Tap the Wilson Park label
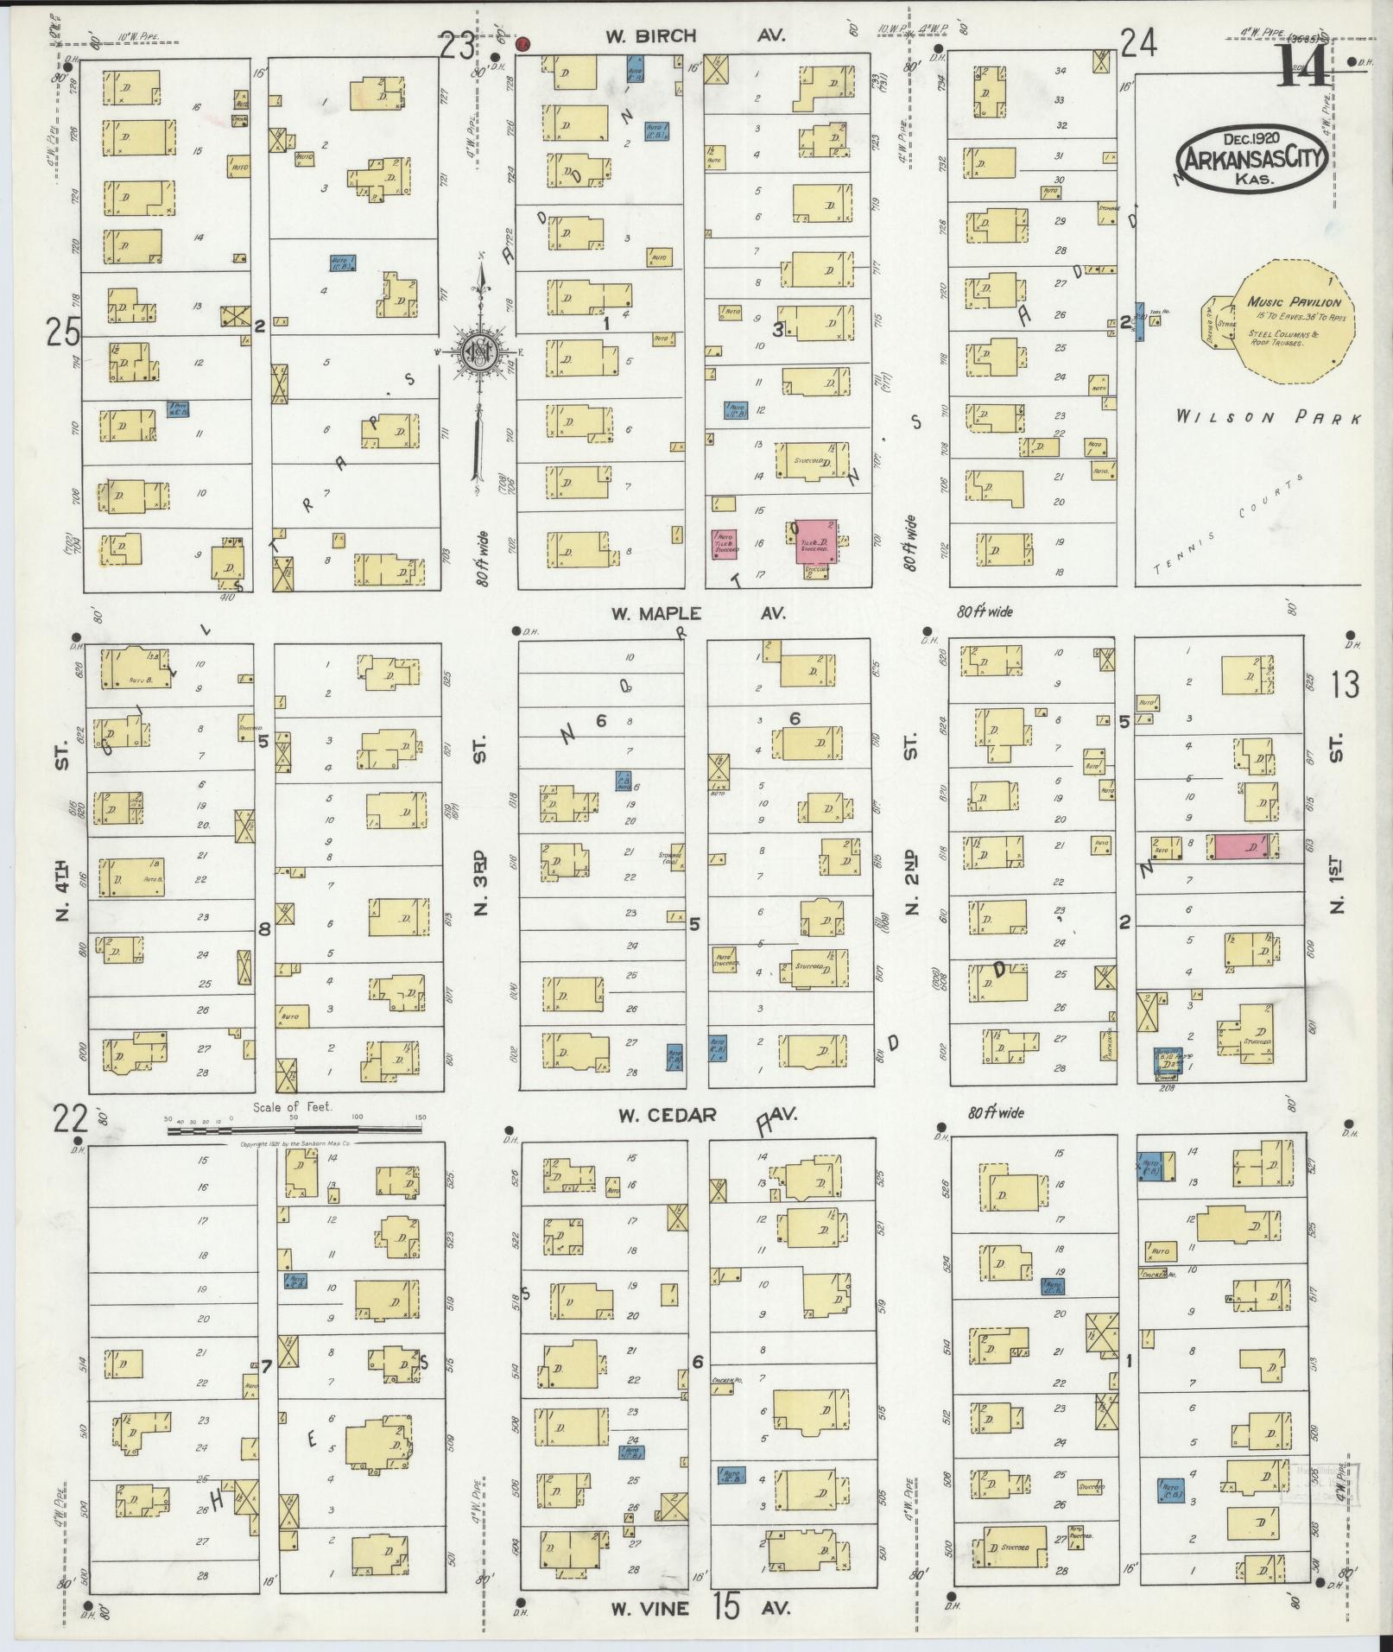pos(1268,418)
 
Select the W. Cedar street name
pos(667,1115)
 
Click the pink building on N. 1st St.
pos(1242,846)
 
